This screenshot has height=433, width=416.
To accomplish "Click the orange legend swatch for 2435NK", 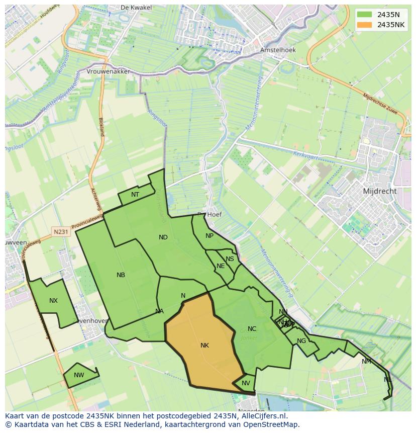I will pyautogui.click(x=365, y=25).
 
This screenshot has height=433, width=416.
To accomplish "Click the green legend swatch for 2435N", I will pyautogui.click(x=365, y=15).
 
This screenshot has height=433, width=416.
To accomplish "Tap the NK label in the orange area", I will pyautogui.click(x=204, y=345).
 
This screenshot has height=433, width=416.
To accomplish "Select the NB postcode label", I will pyautogui.click(x=121, y=275).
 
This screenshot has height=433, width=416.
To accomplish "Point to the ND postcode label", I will pyautogui.click(x=163, y=237).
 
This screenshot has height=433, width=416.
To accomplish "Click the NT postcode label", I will pyautogui.click(x=135, y=195).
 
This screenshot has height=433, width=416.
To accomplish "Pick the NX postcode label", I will pyautogui.click(x=53, y=301).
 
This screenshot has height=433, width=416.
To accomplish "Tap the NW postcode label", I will pyautogui.click(x=79, y=375).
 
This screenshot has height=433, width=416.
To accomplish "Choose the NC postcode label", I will pyautogui.click(x=252, y=329).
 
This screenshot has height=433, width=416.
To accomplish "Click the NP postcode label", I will pyautogui.click(x=210, y=236).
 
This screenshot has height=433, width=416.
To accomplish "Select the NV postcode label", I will pyautogui.click(x=246, y=383).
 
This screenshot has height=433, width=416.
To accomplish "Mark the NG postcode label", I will pyautogui.click(x=301, y=341).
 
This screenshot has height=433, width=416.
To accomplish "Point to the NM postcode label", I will pyautogui.click(x=366, y=362).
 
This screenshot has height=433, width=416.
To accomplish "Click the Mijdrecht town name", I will pyautogui.click(x=380, y=191).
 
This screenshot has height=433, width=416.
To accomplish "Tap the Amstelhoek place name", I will pyautogui.click(x=278, y=50).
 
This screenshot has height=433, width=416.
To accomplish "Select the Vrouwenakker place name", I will pyautogui.click(x=108, y=71).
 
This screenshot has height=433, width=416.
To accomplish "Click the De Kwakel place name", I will pyautogui.click(x=133, y=8).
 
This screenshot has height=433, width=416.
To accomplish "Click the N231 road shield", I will pyautogui.click(x=61, y=232).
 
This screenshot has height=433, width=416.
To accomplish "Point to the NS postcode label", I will pyautogui.click(x=230, y=259).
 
